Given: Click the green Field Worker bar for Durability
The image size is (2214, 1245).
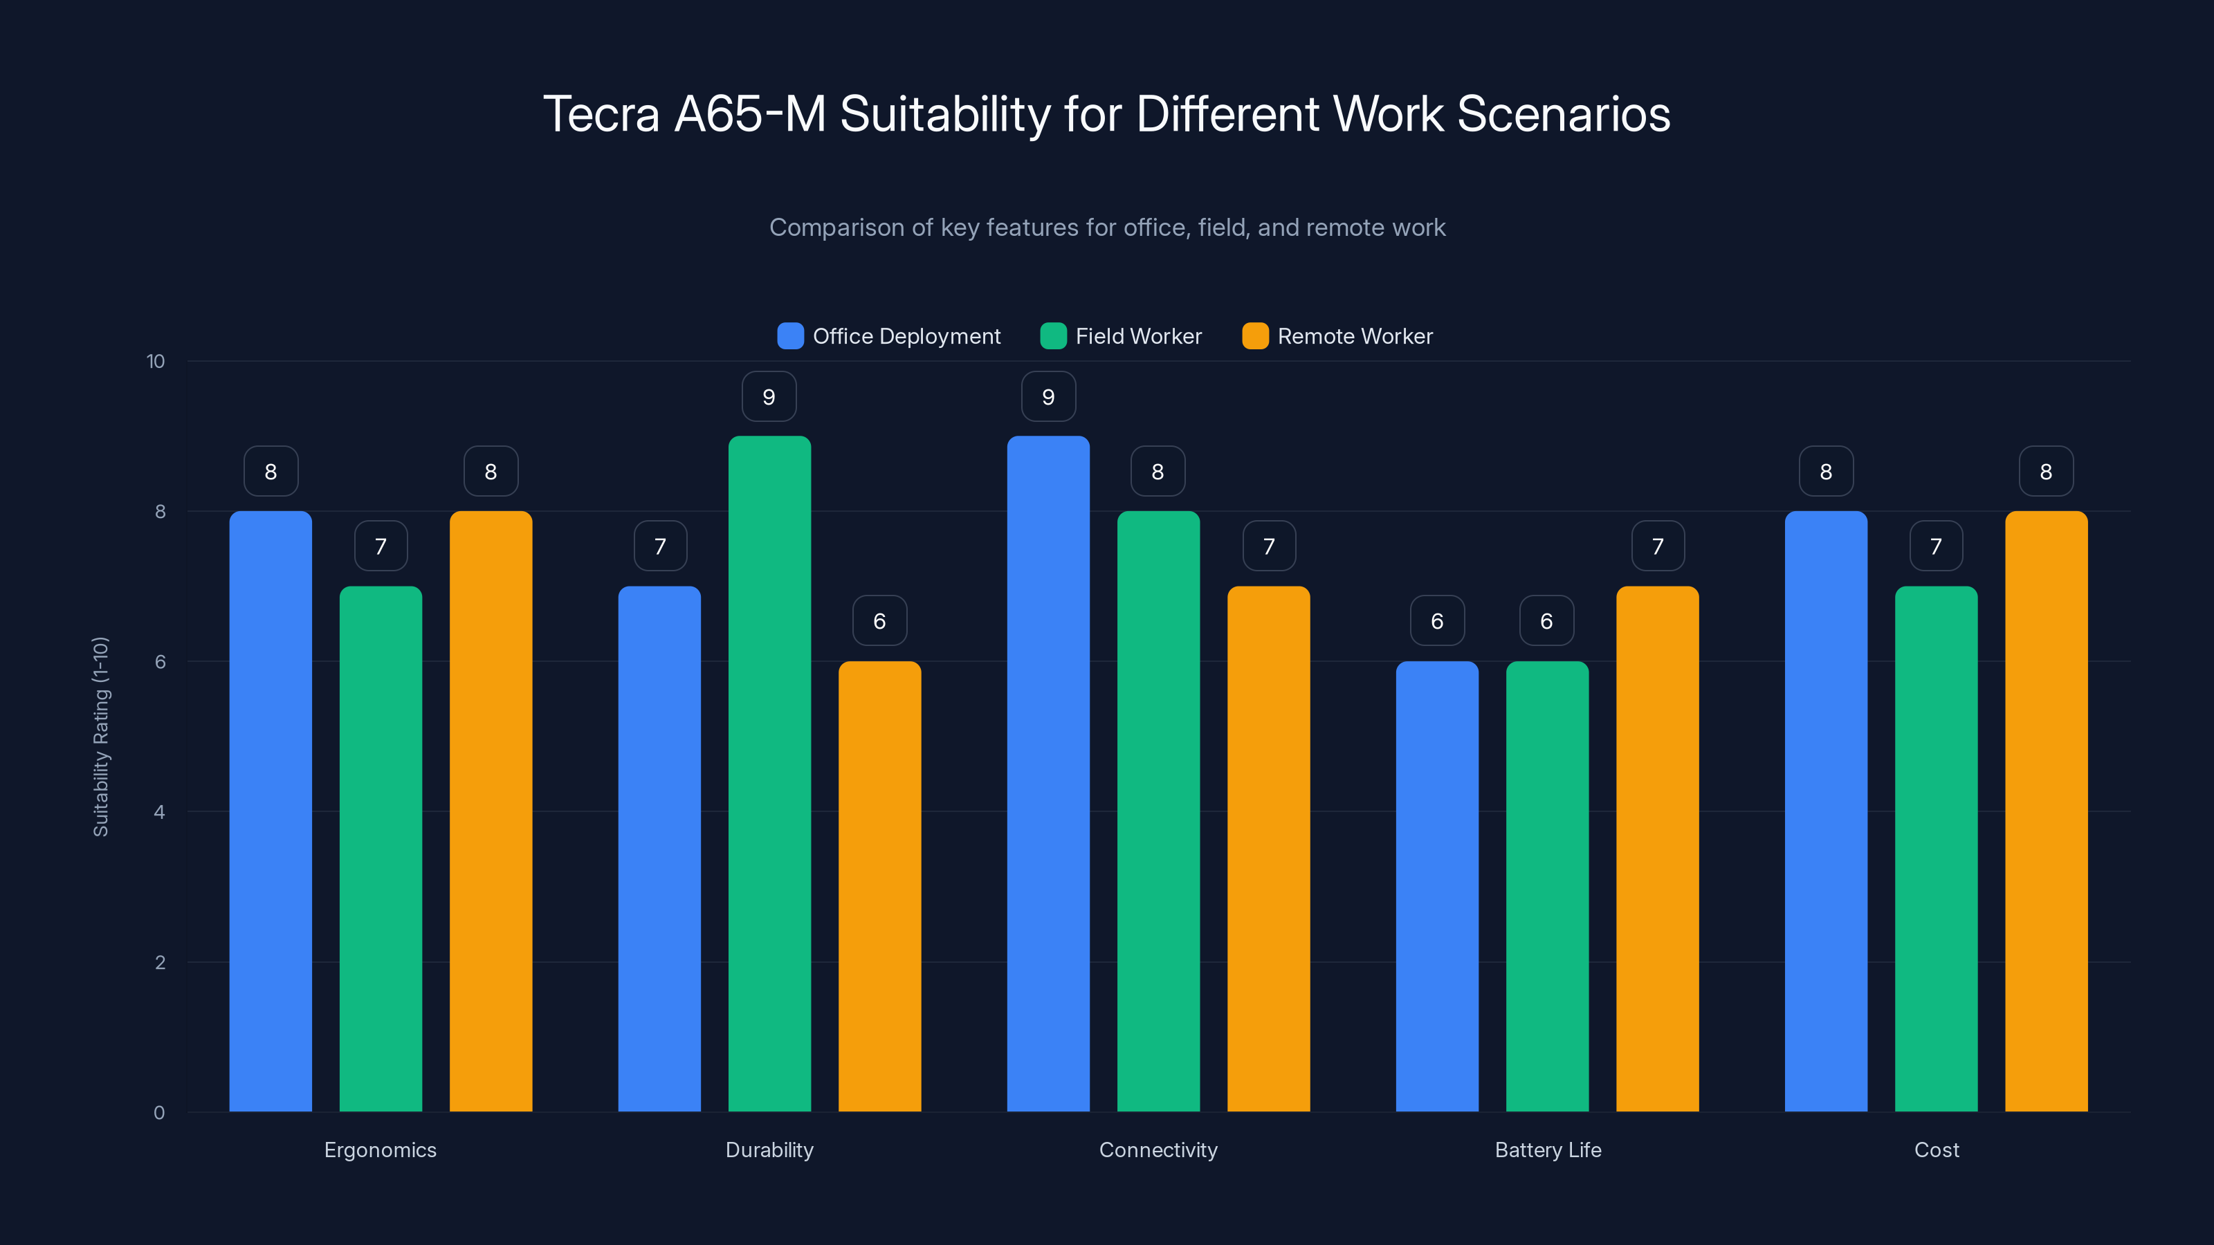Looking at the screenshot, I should pos(769,773).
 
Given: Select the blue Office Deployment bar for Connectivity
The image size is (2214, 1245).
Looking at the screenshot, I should pos(1047,773).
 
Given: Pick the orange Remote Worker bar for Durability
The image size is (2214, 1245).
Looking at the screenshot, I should pos(879,886).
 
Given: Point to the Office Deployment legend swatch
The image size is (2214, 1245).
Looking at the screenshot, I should pos(790,336).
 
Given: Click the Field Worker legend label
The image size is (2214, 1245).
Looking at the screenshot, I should pos(1138,336).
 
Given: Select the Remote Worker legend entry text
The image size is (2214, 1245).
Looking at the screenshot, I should pos(1355,336).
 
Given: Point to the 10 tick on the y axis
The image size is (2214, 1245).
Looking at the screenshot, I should pos(156,362).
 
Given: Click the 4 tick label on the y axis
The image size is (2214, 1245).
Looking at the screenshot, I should pos(159,812).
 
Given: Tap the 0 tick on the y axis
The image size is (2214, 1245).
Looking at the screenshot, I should pos(159,1113).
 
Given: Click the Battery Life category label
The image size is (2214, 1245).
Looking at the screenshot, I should pos(1548,1150).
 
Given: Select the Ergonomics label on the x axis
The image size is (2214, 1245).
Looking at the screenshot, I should pos(380,1150).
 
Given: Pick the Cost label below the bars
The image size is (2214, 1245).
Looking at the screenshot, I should pos(1937,1150).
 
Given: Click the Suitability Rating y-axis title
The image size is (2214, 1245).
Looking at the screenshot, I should pos(100,737).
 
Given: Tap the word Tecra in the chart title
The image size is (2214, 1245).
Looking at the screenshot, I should pos(601,114).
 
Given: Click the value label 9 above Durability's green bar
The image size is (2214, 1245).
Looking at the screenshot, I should pos(769,397).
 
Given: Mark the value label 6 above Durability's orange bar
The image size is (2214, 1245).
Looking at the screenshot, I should pos(879,621).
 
